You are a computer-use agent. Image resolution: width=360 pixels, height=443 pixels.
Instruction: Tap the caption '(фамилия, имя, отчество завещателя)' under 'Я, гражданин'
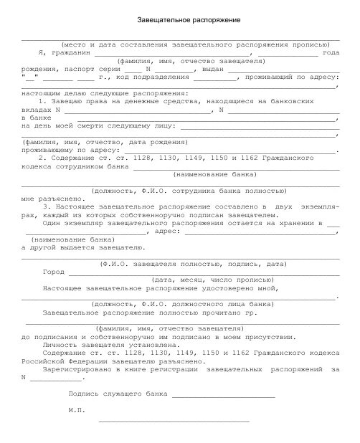[179, 62]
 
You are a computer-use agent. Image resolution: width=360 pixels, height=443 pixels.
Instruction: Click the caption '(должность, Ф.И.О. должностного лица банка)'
[164, 304]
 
